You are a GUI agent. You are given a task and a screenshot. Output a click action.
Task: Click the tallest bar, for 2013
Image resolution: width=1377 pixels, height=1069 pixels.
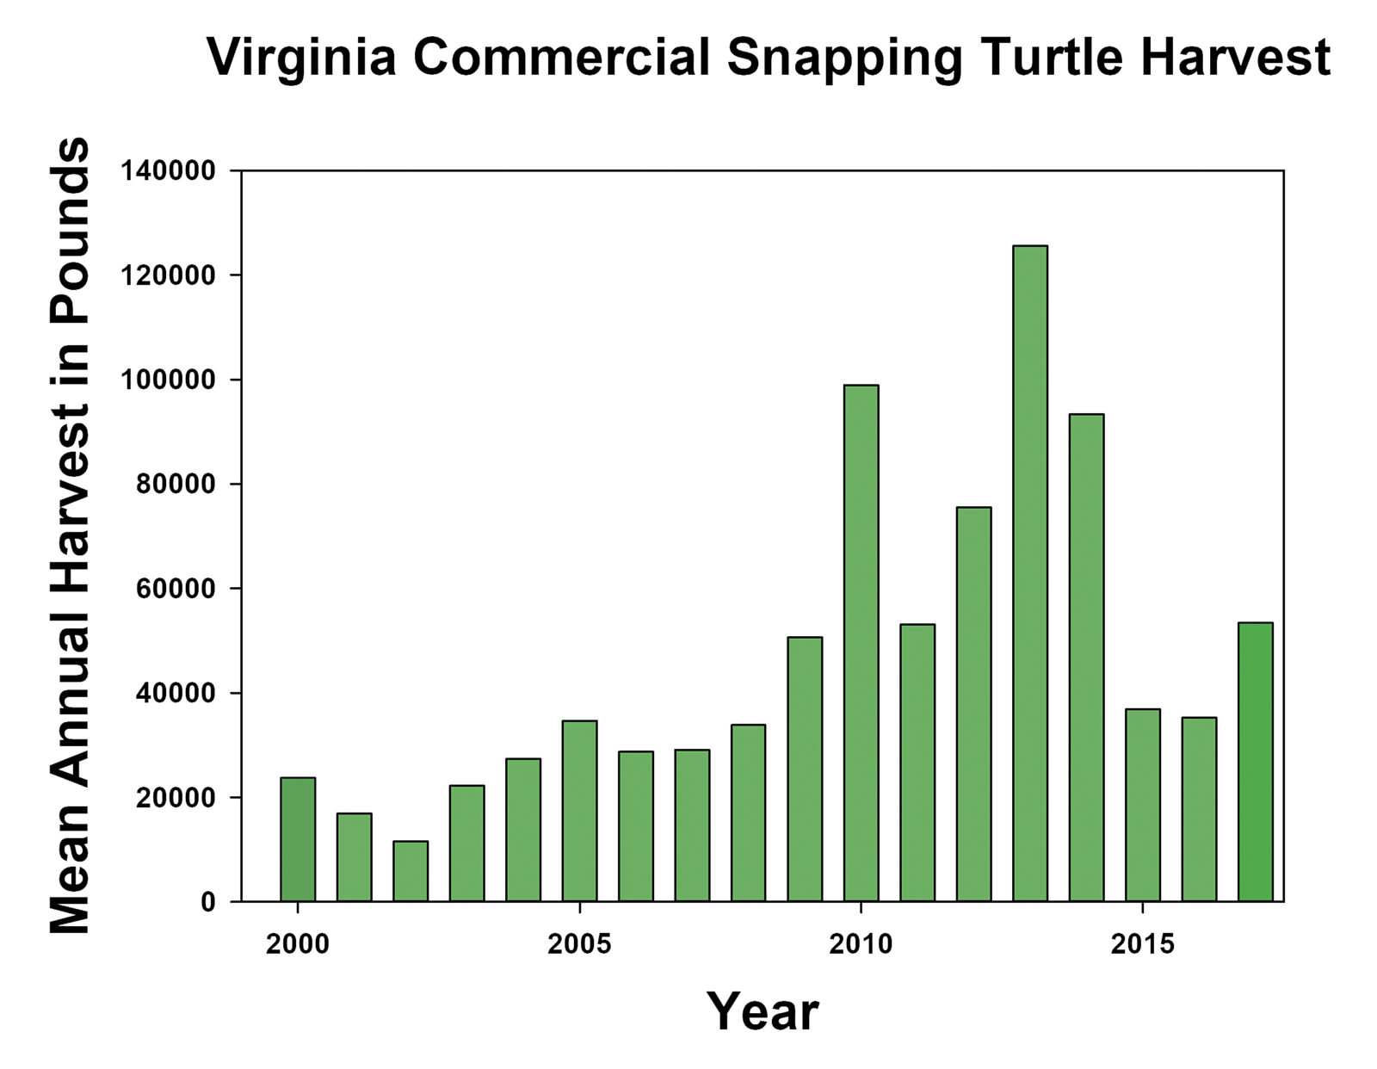(1030, 573)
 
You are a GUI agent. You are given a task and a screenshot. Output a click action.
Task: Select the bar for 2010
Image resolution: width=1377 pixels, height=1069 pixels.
(861, 643)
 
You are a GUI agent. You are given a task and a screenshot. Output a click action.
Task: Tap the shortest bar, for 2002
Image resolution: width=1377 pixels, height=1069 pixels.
(411, 871)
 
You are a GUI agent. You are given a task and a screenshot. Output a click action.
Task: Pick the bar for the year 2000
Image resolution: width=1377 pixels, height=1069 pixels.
(298, 839)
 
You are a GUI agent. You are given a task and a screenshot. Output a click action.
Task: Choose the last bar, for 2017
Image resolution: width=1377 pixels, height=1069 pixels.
(1255, 762)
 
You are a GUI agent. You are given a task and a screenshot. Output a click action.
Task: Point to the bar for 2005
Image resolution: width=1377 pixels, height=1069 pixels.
(579, 811)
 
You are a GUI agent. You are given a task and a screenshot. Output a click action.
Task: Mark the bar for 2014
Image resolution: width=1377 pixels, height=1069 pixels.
(1086, 658)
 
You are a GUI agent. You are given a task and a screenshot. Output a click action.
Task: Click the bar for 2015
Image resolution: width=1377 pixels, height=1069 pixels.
(1143, 805)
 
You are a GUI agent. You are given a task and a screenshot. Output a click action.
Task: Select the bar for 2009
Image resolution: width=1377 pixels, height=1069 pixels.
(805, 769)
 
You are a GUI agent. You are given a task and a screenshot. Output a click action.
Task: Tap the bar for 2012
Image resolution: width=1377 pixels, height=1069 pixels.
(973, 704)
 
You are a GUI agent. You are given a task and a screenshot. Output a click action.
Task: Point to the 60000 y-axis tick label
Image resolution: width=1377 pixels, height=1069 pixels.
(175, 589)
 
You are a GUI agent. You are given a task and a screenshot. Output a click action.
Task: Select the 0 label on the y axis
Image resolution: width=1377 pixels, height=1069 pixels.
(207, 902)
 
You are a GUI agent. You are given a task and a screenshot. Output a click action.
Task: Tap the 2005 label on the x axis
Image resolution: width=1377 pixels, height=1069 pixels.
(579, 944)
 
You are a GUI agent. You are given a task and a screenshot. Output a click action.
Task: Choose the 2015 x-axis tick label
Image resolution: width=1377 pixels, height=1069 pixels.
(1142, 944)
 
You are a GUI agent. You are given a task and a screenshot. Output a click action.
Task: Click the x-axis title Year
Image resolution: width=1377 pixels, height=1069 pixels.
(763, 1011)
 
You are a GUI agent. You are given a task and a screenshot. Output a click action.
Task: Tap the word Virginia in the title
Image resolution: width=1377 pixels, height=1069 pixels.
(302, 59)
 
